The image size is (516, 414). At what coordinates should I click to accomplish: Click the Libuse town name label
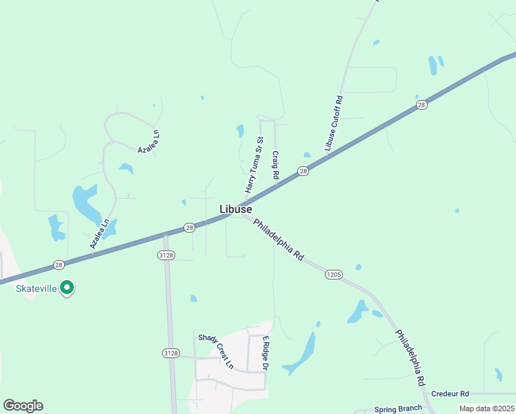(x=235, y=209)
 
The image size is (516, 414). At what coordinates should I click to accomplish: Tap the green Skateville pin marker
(x=67, y=288)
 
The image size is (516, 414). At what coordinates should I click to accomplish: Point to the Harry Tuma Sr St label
(x=250, y=165)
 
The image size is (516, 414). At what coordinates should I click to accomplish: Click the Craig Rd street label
(x=275, y=166)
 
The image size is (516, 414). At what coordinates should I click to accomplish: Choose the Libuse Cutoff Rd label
(x=334, y=124)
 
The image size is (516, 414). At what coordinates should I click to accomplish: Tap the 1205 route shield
(x=333, y=275)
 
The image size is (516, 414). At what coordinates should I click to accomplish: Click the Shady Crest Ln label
(x=216, y=351)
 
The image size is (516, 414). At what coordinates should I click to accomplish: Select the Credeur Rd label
(x=450, y=393)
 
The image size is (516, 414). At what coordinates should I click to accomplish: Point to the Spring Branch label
(x=396, y=408)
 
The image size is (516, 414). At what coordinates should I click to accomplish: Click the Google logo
(x=23, y=406)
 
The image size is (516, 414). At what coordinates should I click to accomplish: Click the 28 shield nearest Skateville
(x=59, y=264)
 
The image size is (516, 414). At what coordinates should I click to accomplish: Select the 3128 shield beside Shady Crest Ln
(x=170, y=353)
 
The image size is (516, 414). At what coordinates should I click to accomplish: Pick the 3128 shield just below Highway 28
(x=166, y=255)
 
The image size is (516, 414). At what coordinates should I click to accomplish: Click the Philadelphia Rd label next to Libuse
(x=279, y=239)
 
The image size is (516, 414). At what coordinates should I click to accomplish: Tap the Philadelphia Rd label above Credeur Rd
(x=410, y=357)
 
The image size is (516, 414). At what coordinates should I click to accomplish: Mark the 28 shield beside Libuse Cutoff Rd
(x=421, y=105)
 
